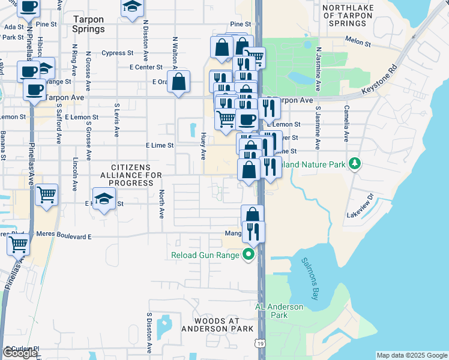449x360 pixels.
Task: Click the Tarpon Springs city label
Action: [x=88, y=23]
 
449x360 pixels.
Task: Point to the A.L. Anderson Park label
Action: [x=279, y=311]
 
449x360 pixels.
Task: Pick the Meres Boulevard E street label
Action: [x=64, y=236]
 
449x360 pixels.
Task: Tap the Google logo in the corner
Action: [x=20, y=353]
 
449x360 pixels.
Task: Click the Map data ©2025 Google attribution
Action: [x=412, y=355]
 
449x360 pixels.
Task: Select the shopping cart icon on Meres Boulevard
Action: [x=19, y=245]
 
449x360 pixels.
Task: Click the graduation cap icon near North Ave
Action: [x=104, y=199]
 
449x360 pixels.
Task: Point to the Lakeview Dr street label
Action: [x=361, y=205]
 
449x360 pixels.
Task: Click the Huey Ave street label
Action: [x=203, y=146]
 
